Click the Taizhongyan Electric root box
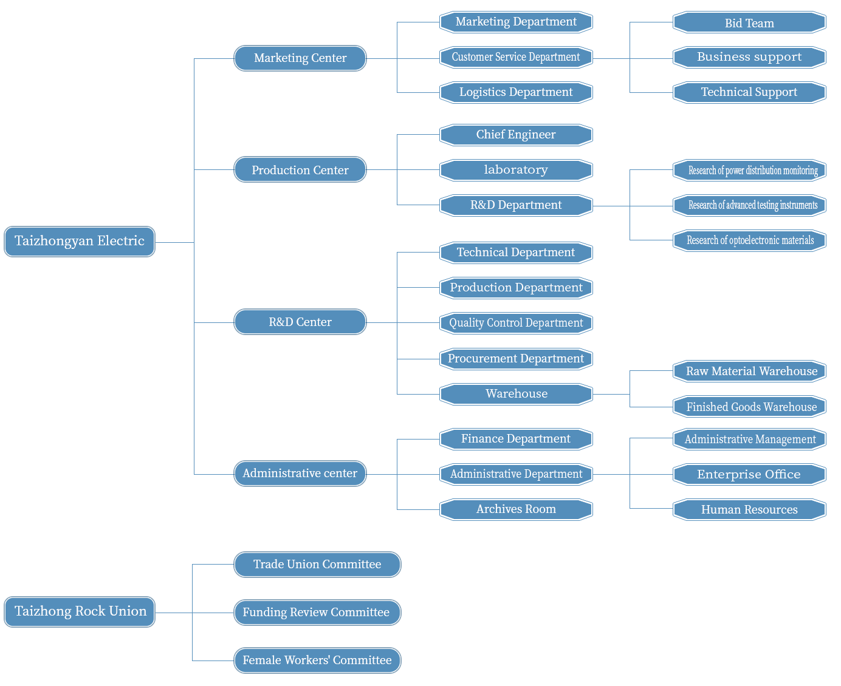click(80, 242)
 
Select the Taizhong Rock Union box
click(80, 611)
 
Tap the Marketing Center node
click(300, 58)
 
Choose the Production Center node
click(300, 169)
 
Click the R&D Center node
click(300, 322)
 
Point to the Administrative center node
click(300, 474)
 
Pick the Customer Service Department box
click(516, 57)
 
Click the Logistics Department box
click(516, 92)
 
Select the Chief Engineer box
click(516, 135)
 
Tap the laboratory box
click(516, 170)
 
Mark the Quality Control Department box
click(516, 323)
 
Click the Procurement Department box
click(516, 359)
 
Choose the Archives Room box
click(516, 509)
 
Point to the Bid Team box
click(749, 22)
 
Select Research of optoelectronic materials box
click(749, 240)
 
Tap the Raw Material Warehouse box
click(749, 371)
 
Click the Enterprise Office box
click(749, 474)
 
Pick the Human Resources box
click(749, 509)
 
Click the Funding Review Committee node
click(317, 613)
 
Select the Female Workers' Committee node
click(317, 660)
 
